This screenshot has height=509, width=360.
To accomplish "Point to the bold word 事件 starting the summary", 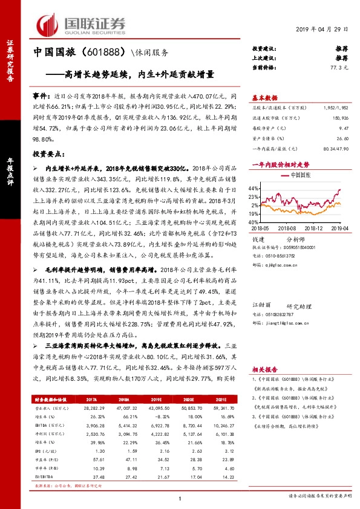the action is pos(41,96).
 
